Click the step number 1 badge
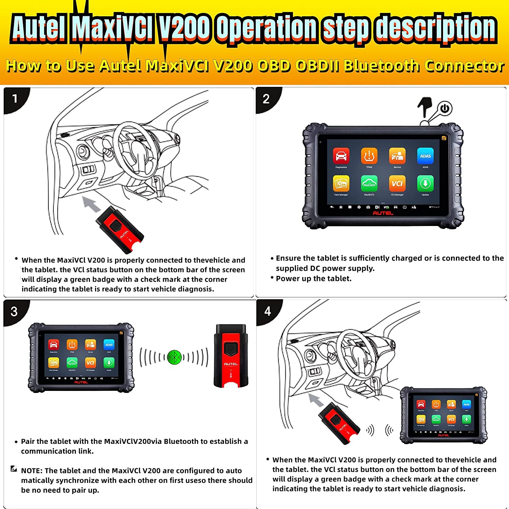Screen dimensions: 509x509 15,99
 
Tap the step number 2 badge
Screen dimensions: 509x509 266,99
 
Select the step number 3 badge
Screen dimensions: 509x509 14,312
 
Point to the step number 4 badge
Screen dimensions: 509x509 267,311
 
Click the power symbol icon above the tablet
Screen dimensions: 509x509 445,109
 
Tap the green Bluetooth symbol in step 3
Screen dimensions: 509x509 174,357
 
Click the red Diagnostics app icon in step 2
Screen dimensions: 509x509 341,156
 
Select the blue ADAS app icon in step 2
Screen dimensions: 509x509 425,156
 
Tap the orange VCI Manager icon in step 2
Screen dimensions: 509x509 397,184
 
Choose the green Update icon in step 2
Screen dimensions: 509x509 425,184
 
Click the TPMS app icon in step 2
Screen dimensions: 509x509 369,156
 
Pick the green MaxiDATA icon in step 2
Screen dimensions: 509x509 369,184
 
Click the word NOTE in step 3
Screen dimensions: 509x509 31,471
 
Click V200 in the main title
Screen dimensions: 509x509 185,27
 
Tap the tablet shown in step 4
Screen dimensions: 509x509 444,415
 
